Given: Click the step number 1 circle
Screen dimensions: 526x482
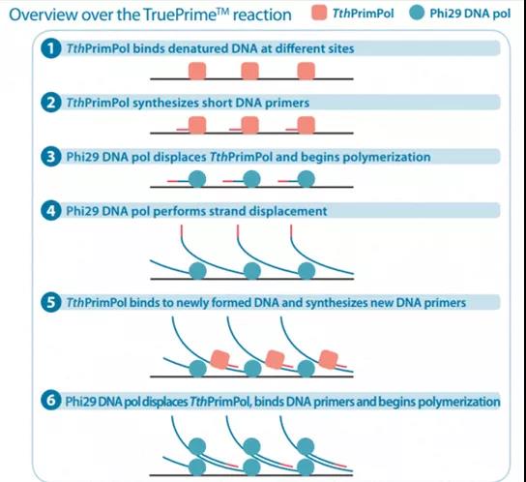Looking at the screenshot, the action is [x=51, y=48].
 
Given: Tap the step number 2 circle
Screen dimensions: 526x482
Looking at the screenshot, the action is [x=51, y=103].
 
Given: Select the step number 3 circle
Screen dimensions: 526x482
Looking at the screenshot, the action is [x=51, y=157].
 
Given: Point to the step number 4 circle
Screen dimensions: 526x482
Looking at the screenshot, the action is [x=51, y=211].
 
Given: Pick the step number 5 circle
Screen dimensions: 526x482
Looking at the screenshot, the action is [x=51, y=302].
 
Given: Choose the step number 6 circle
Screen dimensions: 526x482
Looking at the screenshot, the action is [x=51, y=401].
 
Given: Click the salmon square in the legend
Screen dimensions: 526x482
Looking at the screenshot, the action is [x=319, y=14].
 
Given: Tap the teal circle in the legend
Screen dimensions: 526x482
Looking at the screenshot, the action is [x=417, y=13].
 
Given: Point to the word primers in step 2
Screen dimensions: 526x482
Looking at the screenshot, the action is [x=287, y=103].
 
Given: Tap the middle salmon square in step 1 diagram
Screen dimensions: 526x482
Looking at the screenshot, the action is [x=249, y=71].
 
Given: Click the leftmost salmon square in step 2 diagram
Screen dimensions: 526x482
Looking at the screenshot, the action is [x=197, y=125].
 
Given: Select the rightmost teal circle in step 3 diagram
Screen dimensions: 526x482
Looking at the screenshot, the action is [x=307, y=179].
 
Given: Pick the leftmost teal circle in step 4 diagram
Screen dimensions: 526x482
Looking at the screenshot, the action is [x=197, y=271].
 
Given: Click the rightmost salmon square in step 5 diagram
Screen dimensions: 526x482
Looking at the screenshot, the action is [x=328, y=359].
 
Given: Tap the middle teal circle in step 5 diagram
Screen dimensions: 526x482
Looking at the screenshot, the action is [x=252, y=369].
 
